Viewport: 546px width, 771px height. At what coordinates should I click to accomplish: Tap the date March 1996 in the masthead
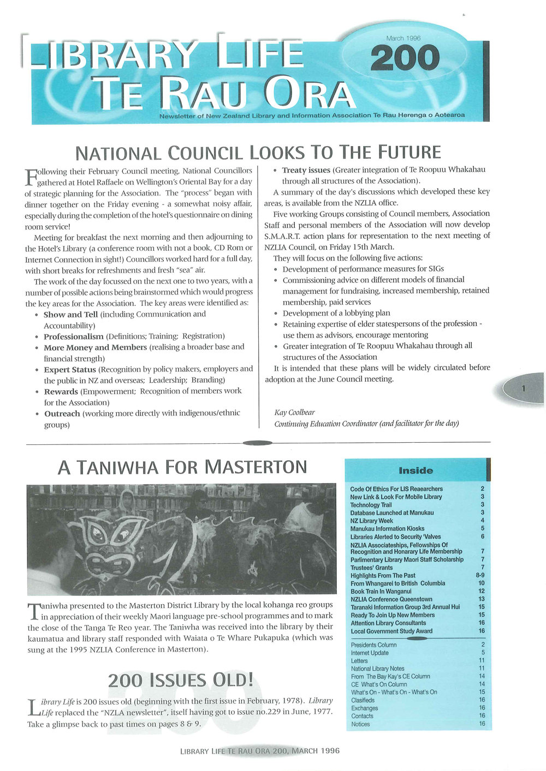click(x=403, y=38)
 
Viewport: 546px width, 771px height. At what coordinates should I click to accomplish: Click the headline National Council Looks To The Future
click(x=258, y=152)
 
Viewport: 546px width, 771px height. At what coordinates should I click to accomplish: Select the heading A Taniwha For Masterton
click(x=182, y=467)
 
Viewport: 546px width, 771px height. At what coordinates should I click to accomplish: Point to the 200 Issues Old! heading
click(x=181, y=680)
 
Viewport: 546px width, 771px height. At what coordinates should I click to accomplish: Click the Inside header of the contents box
click(x=416, y=471)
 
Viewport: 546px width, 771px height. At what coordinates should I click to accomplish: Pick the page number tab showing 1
click(x=523, y=388)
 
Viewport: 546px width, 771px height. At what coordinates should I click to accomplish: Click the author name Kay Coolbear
click(x=294, y=412)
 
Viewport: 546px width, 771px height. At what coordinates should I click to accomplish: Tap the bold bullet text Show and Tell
click(x=70, y=315)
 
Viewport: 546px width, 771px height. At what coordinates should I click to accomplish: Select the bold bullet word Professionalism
click(x=73, y=336)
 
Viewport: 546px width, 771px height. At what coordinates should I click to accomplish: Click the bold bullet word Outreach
click(x=62, y=414)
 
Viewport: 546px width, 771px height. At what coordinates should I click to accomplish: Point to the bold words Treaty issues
click(x=306, y=170)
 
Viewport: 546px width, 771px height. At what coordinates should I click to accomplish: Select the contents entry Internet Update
click(x=370, y=653)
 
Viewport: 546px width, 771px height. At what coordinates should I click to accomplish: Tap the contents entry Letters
click(x=359, y=661)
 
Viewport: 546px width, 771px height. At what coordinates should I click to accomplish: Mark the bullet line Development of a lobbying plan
click(x=336, y=313)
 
